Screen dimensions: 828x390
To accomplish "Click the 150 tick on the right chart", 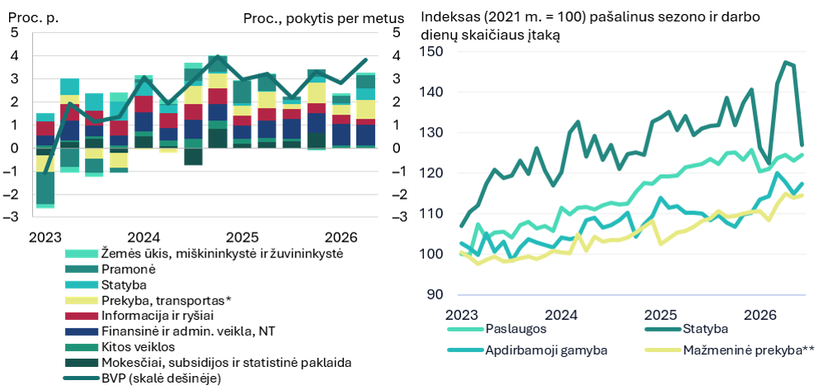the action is (430, 52).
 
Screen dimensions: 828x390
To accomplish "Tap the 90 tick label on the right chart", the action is (435, 294).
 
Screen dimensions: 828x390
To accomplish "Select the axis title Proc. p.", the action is (33, 17).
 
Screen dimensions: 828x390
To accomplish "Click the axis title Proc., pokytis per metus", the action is (324, 18).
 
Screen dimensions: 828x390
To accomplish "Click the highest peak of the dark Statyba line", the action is (786, 63).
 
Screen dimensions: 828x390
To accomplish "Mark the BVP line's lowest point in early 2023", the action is (45, 172).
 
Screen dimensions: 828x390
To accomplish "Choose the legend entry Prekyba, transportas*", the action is (165, 301).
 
